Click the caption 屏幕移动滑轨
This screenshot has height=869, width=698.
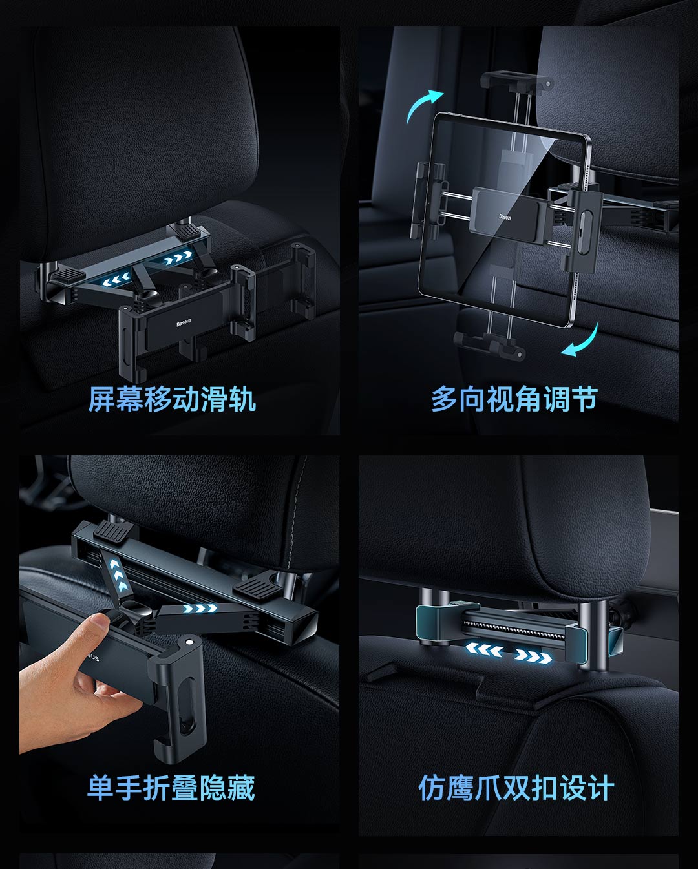[x=172, y=399]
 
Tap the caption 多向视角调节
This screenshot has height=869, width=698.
[x=514, y=399]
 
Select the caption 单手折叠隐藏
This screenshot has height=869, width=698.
[x=171, y=788]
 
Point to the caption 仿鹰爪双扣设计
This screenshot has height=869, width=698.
[x=516, y=788]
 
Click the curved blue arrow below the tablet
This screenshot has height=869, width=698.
[x=584, y=343]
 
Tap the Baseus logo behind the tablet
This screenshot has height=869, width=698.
[x=505, y=217]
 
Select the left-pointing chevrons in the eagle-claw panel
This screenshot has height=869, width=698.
[x=484, y=650]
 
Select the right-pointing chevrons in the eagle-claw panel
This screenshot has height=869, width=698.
[x=533, y=657]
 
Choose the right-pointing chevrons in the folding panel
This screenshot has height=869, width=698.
[x=200, y=609]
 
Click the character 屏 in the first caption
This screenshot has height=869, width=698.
[x=102, y=399]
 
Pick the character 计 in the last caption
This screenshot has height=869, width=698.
[x=600, y=788]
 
